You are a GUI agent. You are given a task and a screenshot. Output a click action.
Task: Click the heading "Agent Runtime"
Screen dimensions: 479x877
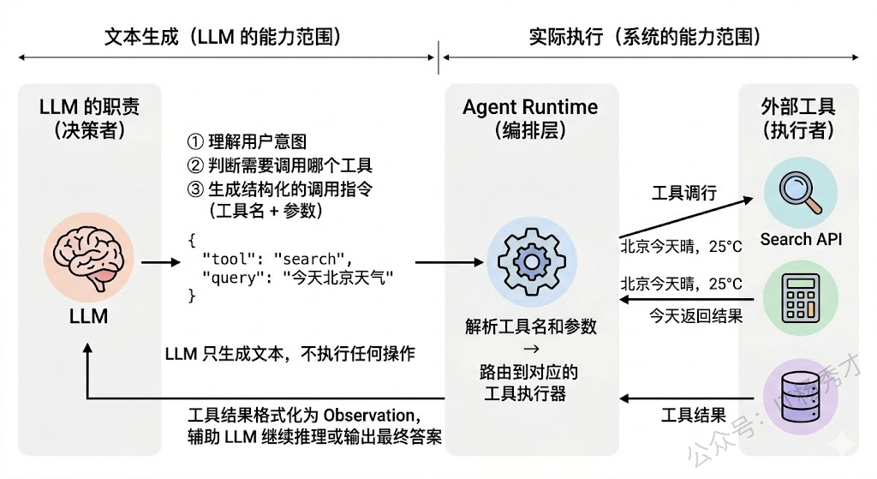click(x=530, y=107)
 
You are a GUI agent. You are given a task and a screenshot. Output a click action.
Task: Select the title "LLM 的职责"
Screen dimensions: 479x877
click(x=89, y=107)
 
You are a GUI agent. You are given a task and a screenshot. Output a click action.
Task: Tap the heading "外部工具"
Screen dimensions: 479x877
click(x=798, y=107)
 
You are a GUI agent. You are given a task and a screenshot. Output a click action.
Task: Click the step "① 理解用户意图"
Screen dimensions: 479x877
click(x=246, y=141)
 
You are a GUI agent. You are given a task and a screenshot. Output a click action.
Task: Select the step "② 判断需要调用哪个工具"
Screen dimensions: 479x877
click(x=279, y=165)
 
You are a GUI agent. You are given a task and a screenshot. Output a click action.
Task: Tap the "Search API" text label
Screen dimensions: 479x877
click(x=801, y=239)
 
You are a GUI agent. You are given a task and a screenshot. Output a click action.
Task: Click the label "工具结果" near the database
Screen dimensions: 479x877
click(x=694, y=416)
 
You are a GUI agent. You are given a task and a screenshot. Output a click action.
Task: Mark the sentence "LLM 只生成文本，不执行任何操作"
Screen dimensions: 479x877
click(x=290, y=353)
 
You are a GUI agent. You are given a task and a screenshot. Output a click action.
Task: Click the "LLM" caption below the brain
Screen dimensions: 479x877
click(x=88, y=316)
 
